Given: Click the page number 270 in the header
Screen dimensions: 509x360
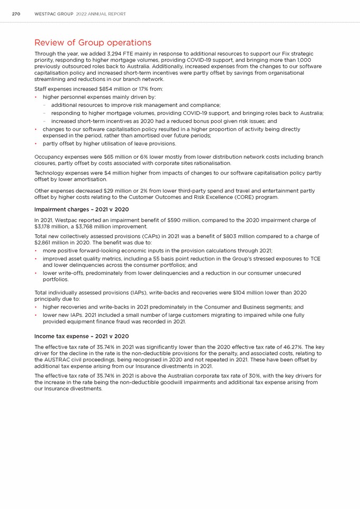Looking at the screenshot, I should [x=16, y=14].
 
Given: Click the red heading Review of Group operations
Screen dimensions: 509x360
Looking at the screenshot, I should [x=93, y=42].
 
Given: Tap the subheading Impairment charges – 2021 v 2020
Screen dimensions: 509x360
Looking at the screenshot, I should [x=81, y=210].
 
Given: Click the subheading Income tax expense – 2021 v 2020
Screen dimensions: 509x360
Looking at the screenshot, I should [x=81, y=336].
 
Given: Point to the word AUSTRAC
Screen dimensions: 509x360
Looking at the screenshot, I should [x=57, y=360].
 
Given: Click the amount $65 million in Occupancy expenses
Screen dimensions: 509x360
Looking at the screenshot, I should [x=113, y=157].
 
